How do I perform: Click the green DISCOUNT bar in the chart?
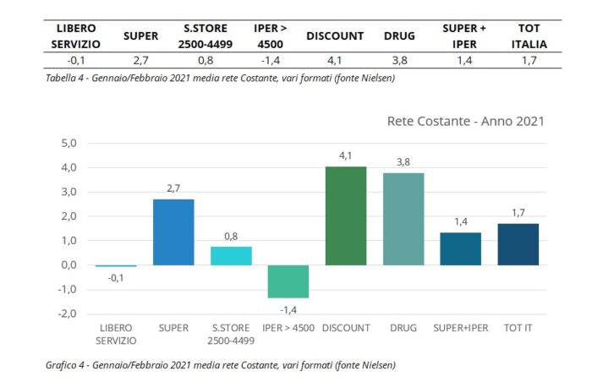[346, 216]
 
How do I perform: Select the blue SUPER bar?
[173, 232]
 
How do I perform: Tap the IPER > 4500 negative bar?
[288, 281]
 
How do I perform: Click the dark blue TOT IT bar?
[518, 244]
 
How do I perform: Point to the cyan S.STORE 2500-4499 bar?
[231, 255]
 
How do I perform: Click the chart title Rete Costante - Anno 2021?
[464, 121]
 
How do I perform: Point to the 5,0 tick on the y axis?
[69, 143]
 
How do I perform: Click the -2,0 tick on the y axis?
[67, 314]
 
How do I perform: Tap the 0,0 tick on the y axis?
[69, 265]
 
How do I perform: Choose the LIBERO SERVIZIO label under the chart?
[115, 335]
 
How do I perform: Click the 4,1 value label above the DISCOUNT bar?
[346, 156]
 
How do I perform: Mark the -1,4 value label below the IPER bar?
[288, 310]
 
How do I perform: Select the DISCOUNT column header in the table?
[334, 35]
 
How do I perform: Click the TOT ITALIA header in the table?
[534, 35]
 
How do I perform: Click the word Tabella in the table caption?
[65, 79]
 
